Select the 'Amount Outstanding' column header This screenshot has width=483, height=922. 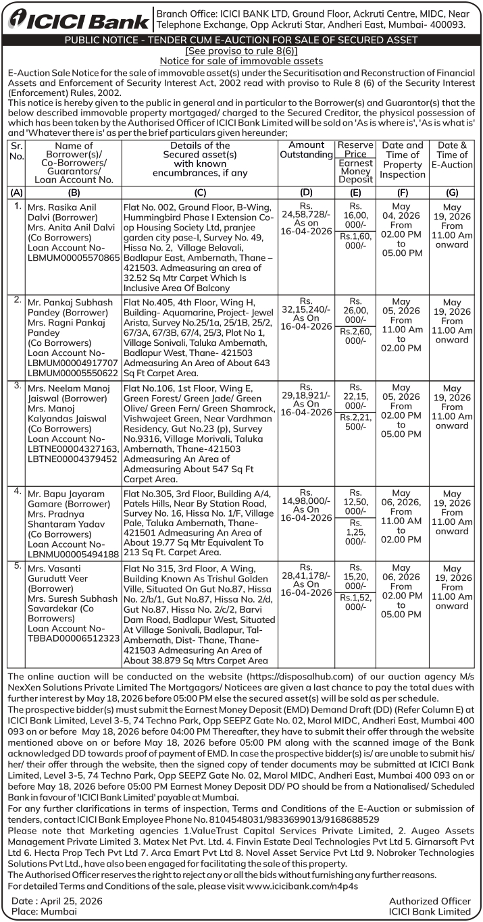point(306,150)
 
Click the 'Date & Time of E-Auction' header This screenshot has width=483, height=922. point(452,155)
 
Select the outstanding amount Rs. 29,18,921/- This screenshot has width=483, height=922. point(306,394)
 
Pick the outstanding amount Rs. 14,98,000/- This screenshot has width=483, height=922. point(306,501)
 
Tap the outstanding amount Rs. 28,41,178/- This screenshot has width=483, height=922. point(306,575)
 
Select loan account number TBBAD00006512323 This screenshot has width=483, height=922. point(73,636)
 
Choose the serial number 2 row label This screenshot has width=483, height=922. point(17,299)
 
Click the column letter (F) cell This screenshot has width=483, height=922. point(402,193)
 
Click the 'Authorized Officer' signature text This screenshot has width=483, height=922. point(430,901)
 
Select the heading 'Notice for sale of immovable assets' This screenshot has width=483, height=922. point(241,61)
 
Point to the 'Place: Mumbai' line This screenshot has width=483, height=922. point(45,911)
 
